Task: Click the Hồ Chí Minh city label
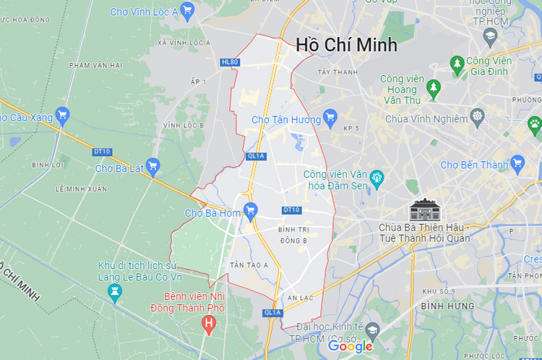[346, 45]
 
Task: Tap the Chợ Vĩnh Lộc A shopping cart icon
[188, 10]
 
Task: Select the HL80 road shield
[230, 62]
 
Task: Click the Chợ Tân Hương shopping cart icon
[330, 116]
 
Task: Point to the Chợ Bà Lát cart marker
[152, 167]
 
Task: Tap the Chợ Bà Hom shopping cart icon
[250, 210]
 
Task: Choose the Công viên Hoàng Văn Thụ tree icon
[434, 88]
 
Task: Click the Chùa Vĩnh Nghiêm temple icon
[477, 116]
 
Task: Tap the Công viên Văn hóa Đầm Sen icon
[376, 176]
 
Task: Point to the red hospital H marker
[209, 323]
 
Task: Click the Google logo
[350, 346]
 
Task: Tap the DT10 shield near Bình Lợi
[102, 152]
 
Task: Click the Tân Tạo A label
[249, 265]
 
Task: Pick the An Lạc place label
[299, 297]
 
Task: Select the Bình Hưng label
[448, 307]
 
